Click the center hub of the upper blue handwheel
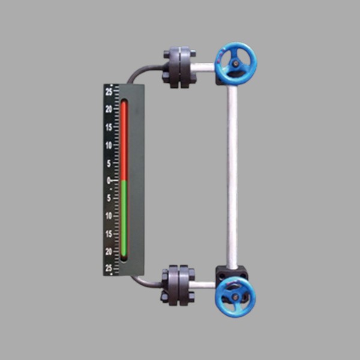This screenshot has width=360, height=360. tap(235, 64)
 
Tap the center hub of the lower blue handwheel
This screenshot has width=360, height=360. tap(235, 298)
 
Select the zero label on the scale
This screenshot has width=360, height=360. tap(109, 181)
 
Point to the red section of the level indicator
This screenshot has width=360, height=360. tap(124, 140)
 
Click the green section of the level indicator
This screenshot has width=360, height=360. tap(124, 218)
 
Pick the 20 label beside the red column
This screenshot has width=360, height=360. tap(109, 109)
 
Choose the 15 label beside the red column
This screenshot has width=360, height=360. tap(109, 127)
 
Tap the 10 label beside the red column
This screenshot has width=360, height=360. tap(109, 145)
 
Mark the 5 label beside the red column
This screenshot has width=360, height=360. tap(109, 163)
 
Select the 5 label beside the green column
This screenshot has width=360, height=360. tap(109, 198)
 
